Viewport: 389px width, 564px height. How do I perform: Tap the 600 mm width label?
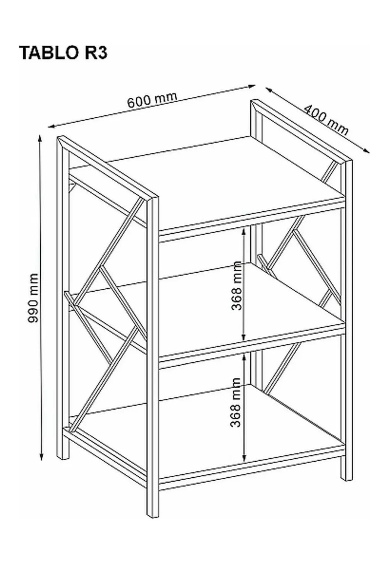click(x=152, y=99)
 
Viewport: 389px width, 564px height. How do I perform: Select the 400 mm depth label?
click(x=325, y=121)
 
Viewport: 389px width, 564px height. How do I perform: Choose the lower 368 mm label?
click(x=235, y=403)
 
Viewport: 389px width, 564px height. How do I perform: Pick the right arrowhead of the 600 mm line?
click(x=251, y=86)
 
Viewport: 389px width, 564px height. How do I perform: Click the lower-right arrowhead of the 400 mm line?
click(x=366, y=150)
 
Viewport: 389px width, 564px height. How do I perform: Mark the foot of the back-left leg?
click(x=63, y=453)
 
